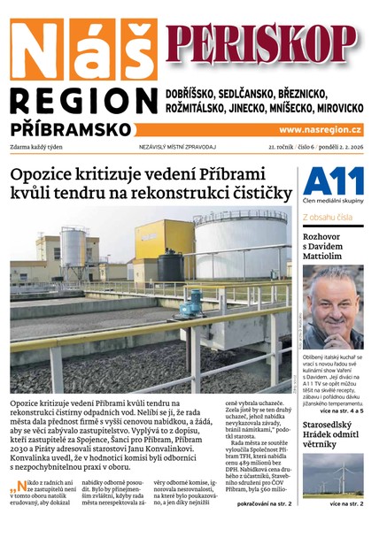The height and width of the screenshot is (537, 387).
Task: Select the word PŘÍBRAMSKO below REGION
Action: (71, 128)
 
